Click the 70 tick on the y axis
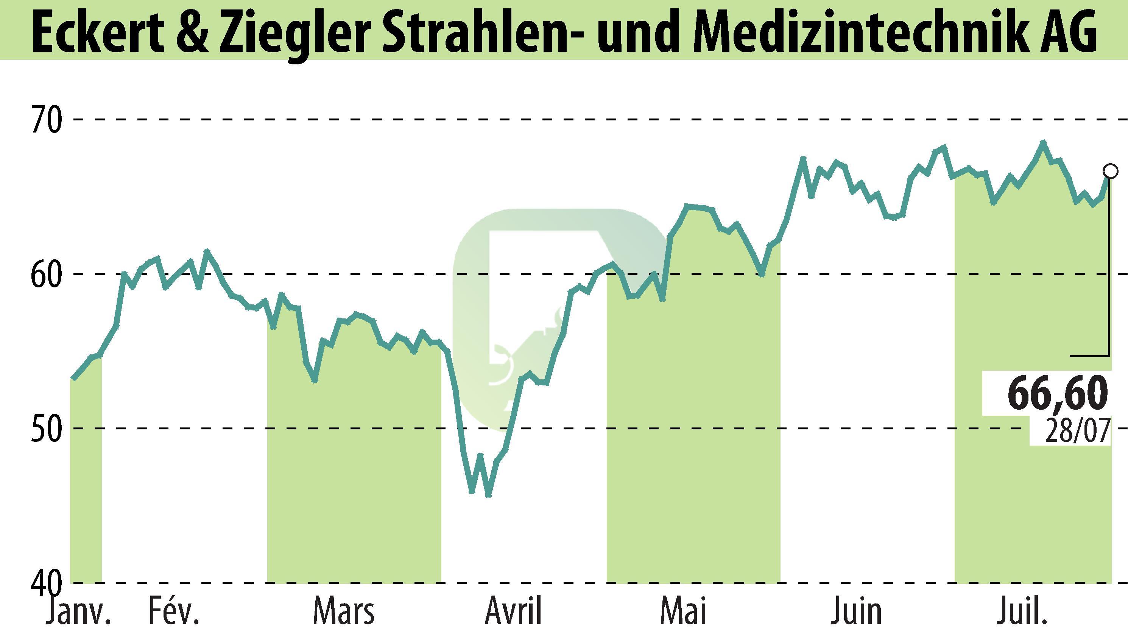(x=46, y=120)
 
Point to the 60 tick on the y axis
(x=46, y=274)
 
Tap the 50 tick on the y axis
(x=46, y=428)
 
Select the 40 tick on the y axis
(x=46, y=582)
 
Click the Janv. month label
(x=78, y=611)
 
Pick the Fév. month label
(x=174, y=611)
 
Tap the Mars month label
(x=344, y=611)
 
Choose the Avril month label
(x=514, y=611)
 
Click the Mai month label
(x=684, y=611)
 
